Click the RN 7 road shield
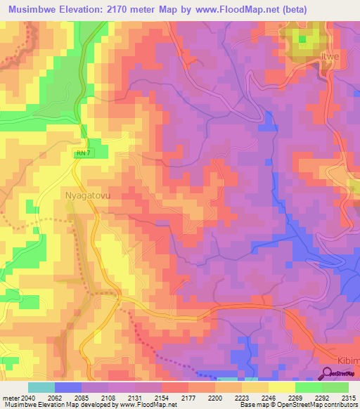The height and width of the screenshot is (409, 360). pos(82,152)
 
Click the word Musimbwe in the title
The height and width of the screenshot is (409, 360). pos(34,8)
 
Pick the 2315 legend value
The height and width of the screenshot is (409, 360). pos(347,397)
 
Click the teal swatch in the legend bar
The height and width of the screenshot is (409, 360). pos(41,387)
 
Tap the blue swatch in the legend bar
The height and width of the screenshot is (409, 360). pos(68,387)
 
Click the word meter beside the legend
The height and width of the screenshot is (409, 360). pos(11,397)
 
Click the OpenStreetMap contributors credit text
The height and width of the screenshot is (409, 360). pos(322,405)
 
